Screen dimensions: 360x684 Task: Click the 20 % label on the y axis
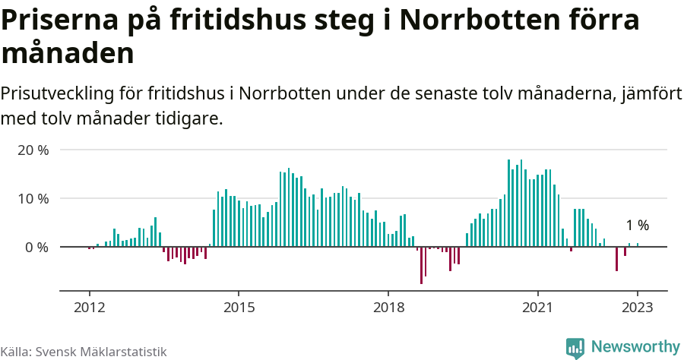[33, 150]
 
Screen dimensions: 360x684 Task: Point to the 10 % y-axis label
[33, 198]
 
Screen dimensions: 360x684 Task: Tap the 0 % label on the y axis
[36, 248]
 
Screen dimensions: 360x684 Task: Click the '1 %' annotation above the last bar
[637, 226]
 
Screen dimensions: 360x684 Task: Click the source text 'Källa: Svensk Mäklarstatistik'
[84, 352]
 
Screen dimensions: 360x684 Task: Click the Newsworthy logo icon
[575, 347]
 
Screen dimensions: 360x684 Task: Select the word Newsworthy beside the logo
[635, 347]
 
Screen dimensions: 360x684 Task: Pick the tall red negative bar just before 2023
[616, 259]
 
